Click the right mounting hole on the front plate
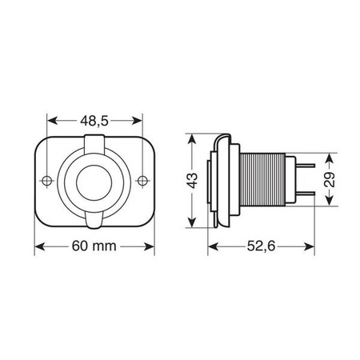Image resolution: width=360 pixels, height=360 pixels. [x=142, y=180]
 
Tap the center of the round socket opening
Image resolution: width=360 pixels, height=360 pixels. [x=94, y=182]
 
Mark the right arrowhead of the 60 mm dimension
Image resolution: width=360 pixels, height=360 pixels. [x=154, y=246]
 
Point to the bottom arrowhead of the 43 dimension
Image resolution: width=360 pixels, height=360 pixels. [x=192, y=225]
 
